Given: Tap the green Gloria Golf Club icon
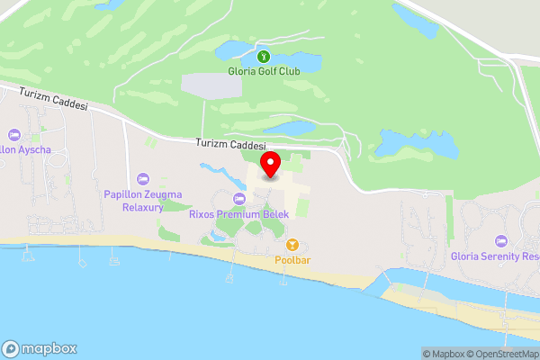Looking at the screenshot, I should [x=263, y=56].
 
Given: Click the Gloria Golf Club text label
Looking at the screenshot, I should [x=263, y=70].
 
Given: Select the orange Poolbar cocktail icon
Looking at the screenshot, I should [x=292, y=245].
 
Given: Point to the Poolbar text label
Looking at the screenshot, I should [x=292, y=260].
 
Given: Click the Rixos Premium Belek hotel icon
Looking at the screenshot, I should [x=238, y=199].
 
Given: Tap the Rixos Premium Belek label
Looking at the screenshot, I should [x=238, y=214].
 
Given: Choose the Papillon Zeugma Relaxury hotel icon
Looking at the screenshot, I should [x=143, y=178].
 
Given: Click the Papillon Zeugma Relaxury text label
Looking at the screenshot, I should [x=143, y=200].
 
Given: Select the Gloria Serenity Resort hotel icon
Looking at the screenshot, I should [x=501, y=240].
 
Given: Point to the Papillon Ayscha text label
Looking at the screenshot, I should [x=22, y=148].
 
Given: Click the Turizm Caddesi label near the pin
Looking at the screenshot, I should [x=232, y=144].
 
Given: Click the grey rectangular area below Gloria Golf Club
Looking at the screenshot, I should [x=211, y=85].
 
